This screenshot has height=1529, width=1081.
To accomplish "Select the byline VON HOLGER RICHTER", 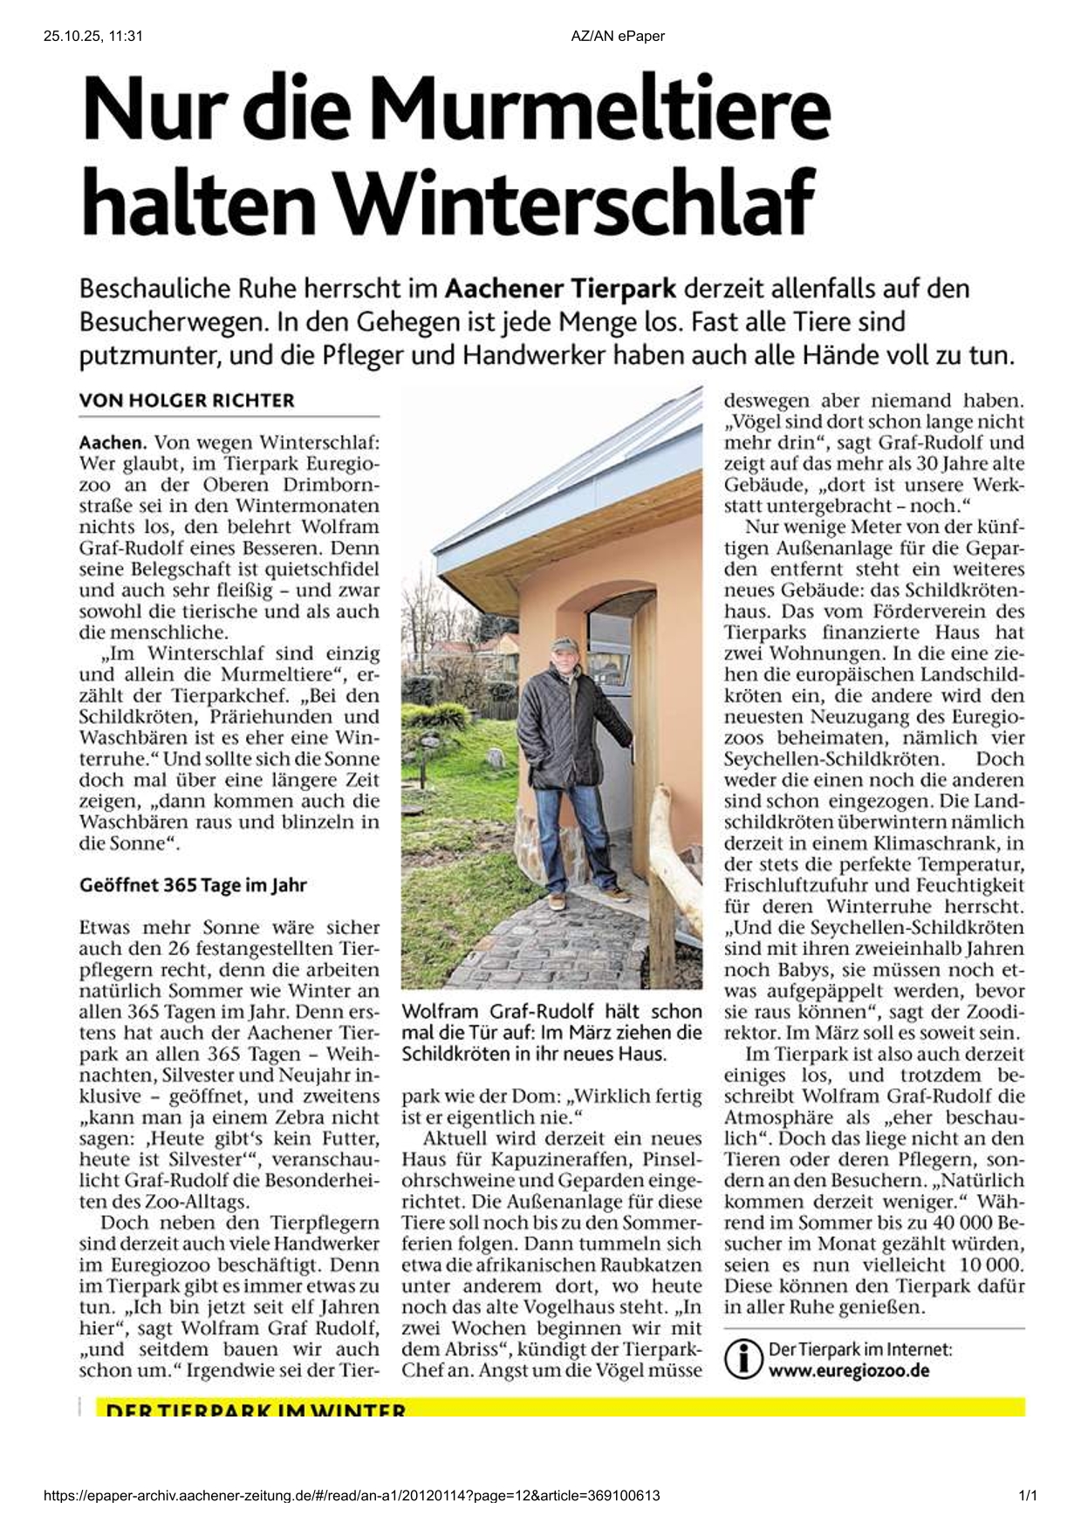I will [187, 400].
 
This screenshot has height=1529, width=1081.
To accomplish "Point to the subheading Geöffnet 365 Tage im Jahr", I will [193, 885].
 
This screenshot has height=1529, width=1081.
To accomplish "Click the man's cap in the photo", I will [564, 644].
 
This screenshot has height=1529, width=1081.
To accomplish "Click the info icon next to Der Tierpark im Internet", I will [743, 1359].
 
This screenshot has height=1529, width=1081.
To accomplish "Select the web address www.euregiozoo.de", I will [848, 1370].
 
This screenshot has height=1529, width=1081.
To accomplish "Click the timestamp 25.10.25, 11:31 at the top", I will [92, 36].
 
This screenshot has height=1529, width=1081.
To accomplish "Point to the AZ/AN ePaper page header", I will [618, 36].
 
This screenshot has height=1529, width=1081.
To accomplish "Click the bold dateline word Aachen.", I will [113, 443].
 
